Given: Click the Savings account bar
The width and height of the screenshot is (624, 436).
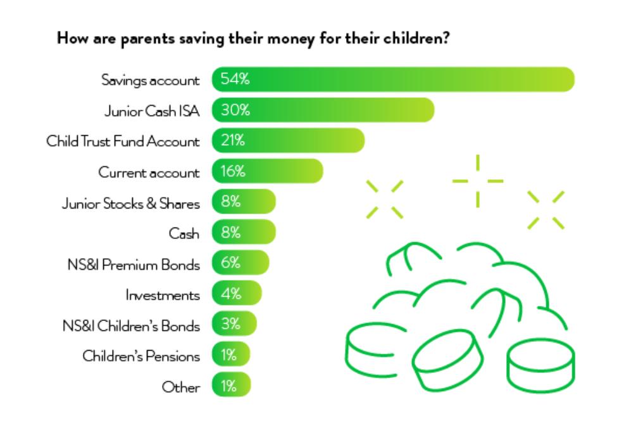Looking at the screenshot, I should click(392, 80).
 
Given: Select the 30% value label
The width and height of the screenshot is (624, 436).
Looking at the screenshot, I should click(235, 110).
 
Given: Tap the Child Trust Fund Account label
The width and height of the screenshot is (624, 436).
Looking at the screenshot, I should click(123, 141).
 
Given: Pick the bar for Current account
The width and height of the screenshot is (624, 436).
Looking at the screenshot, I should click(267, 171).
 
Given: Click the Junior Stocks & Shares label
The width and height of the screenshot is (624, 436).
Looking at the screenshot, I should click(131, 202).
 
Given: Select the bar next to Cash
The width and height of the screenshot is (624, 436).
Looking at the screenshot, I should click(244, 233).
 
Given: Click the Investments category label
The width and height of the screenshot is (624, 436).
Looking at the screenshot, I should click(163, 294).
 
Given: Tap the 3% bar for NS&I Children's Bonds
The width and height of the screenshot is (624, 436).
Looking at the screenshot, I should click(234, 325).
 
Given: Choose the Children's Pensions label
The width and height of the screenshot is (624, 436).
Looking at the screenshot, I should click(141, 356).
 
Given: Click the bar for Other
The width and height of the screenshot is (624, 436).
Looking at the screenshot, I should click(231, 386).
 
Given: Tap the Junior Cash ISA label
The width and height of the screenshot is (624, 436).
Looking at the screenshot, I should click(151, 111).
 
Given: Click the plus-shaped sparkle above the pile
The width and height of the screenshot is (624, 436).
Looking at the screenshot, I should click(478, 181).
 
